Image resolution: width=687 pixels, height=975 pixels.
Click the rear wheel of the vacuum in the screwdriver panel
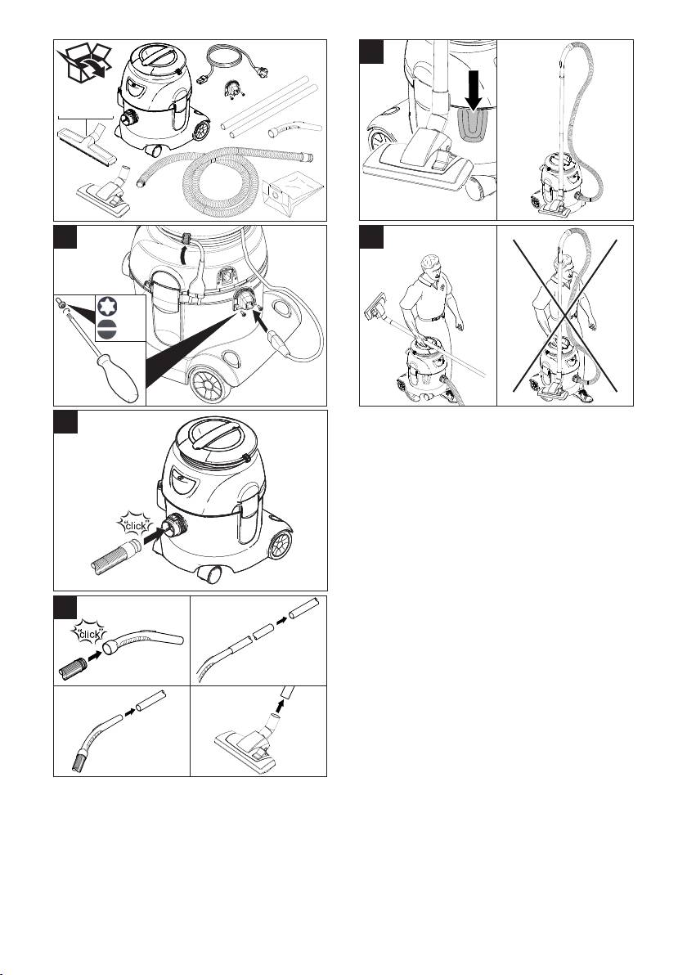click(x=209, y=385)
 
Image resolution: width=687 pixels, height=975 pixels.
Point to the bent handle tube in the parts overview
click(x=295, y=128)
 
